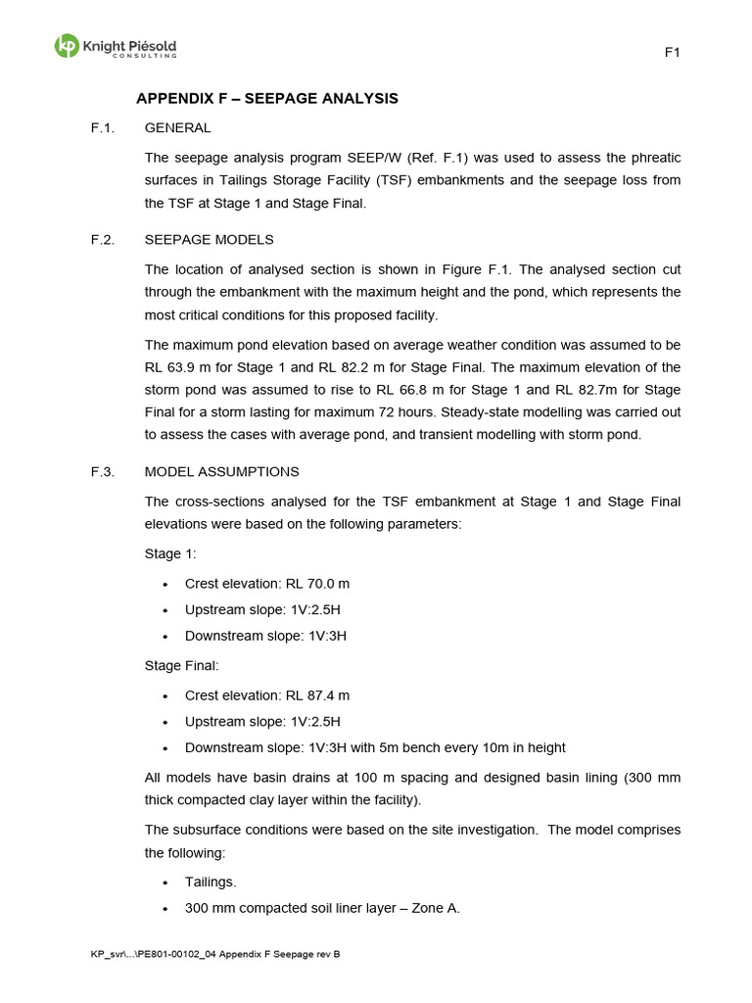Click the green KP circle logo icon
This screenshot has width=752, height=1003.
67,46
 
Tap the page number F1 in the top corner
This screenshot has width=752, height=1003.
672,53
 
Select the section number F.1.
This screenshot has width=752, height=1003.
102,127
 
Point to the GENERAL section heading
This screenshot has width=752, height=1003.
177,127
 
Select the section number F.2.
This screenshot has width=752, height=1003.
102,239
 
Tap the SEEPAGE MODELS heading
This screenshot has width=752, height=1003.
209,239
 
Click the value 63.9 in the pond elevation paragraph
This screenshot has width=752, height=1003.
186,368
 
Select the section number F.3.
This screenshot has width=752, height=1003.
102,471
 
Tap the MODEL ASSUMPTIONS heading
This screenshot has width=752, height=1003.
221,471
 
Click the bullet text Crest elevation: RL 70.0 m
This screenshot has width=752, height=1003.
266,584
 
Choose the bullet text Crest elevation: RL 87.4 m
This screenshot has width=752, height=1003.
266,695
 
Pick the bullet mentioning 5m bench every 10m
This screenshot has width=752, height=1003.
375,747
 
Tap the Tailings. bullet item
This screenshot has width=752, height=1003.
211,882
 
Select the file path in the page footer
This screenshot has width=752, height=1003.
214,954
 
